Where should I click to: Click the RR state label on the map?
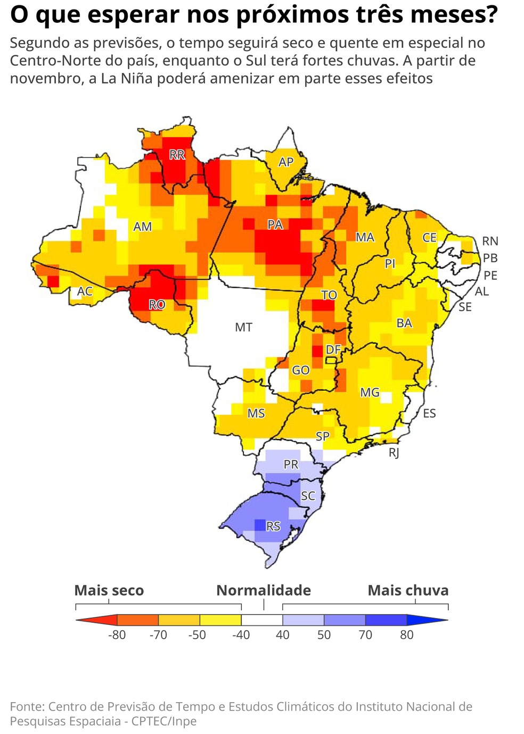click(177, 155)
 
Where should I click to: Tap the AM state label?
click(142, 227)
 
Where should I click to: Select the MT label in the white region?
click(243, 327)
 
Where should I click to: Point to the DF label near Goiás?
click(333, 349)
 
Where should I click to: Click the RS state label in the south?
click(273, 526)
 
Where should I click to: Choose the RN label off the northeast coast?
click(489, 241)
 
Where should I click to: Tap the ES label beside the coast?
click(429, 413)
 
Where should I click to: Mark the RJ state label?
click(394, 453)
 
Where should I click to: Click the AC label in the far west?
click(85, 291)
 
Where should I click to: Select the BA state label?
click(404, 323)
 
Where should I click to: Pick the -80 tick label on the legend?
click(117, 635)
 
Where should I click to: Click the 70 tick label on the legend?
click(365, 635)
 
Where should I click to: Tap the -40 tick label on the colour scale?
click(241, 635)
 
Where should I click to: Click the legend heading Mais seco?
click(109, 590)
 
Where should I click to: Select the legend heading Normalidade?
click(264, 590)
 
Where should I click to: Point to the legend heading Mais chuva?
click(408, 590)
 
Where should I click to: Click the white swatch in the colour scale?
click(261, 620)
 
